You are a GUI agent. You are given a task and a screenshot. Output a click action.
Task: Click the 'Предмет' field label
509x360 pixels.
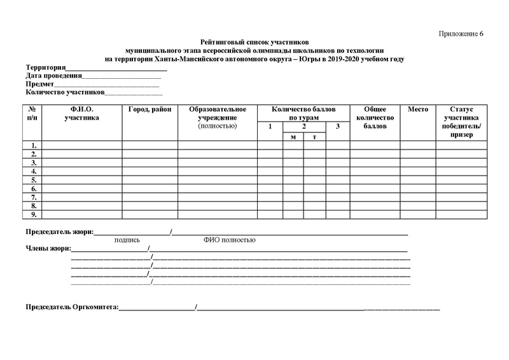tap(39, 84)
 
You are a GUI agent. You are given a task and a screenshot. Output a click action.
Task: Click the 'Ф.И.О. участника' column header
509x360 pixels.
tap(81, 113)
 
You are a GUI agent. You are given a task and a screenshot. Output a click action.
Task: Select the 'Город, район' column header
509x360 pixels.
tap(150, 109)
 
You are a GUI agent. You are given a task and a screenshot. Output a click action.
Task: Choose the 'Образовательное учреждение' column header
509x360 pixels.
tap(217, 113)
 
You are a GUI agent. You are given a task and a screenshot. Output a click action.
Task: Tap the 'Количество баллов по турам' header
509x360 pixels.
tap(303, 113)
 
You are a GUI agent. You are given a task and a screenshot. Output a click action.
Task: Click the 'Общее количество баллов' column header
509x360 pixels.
tap(374, 118)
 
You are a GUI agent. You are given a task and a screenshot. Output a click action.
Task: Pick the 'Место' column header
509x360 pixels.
tap(417, 109)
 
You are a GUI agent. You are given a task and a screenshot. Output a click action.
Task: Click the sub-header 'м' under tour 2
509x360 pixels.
tap(293, 137)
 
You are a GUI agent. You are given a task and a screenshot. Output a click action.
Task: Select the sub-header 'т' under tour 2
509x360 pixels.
tap(314, 137)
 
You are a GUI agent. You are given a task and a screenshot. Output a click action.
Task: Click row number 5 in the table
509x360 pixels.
tap(33, 180)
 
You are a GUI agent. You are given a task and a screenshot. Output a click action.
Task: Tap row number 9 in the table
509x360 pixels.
tap(33, 215)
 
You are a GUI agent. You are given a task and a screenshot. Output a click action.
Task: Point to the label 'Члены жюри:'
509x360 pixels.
tap(48, 248)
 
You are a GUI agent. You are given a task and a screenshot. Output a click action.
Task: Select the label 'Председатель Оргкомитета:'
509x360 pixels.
tap(72, 307)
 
